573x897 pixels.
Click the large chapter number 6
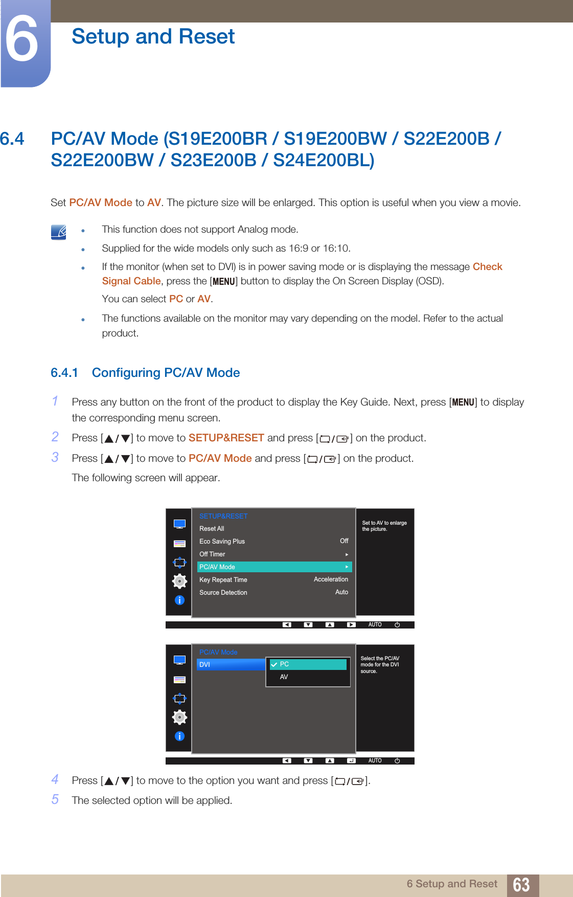click(22, 40)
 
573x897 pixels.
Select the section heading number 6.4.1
click(64, 373)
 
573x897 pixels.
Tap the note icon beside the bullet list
click(59, 232)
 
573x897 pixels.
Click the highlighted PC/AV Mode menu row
click(274, 567)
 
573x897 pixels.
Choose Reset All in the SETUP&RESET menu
click(212, 529)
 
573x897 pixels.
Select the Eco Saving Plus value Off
click(344, 541)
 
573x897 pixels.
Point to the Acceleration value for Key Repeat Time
click(331, 579)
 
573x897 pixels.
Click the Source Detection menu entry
click(223, 593)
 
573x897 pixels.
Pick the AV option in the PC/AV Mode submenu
click(284, 677)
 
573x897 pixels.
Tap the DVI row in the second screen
click(231, 665)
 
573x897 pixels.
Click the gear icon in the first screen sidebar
click(179, 581)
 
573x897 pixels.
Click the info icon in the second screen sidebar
click(179, 736)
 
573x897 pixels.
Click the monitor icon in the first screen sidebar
click(179, 524)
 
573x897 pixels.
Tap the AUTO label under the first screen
click(375, 625)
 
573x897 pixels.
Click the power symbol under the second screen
click(397, 761)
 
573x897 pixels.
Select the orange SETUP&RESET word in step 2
click(226, 438)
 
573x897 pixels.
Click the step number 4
click(55, 779)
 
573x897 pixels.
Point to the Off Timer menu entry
click(212, 554)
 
